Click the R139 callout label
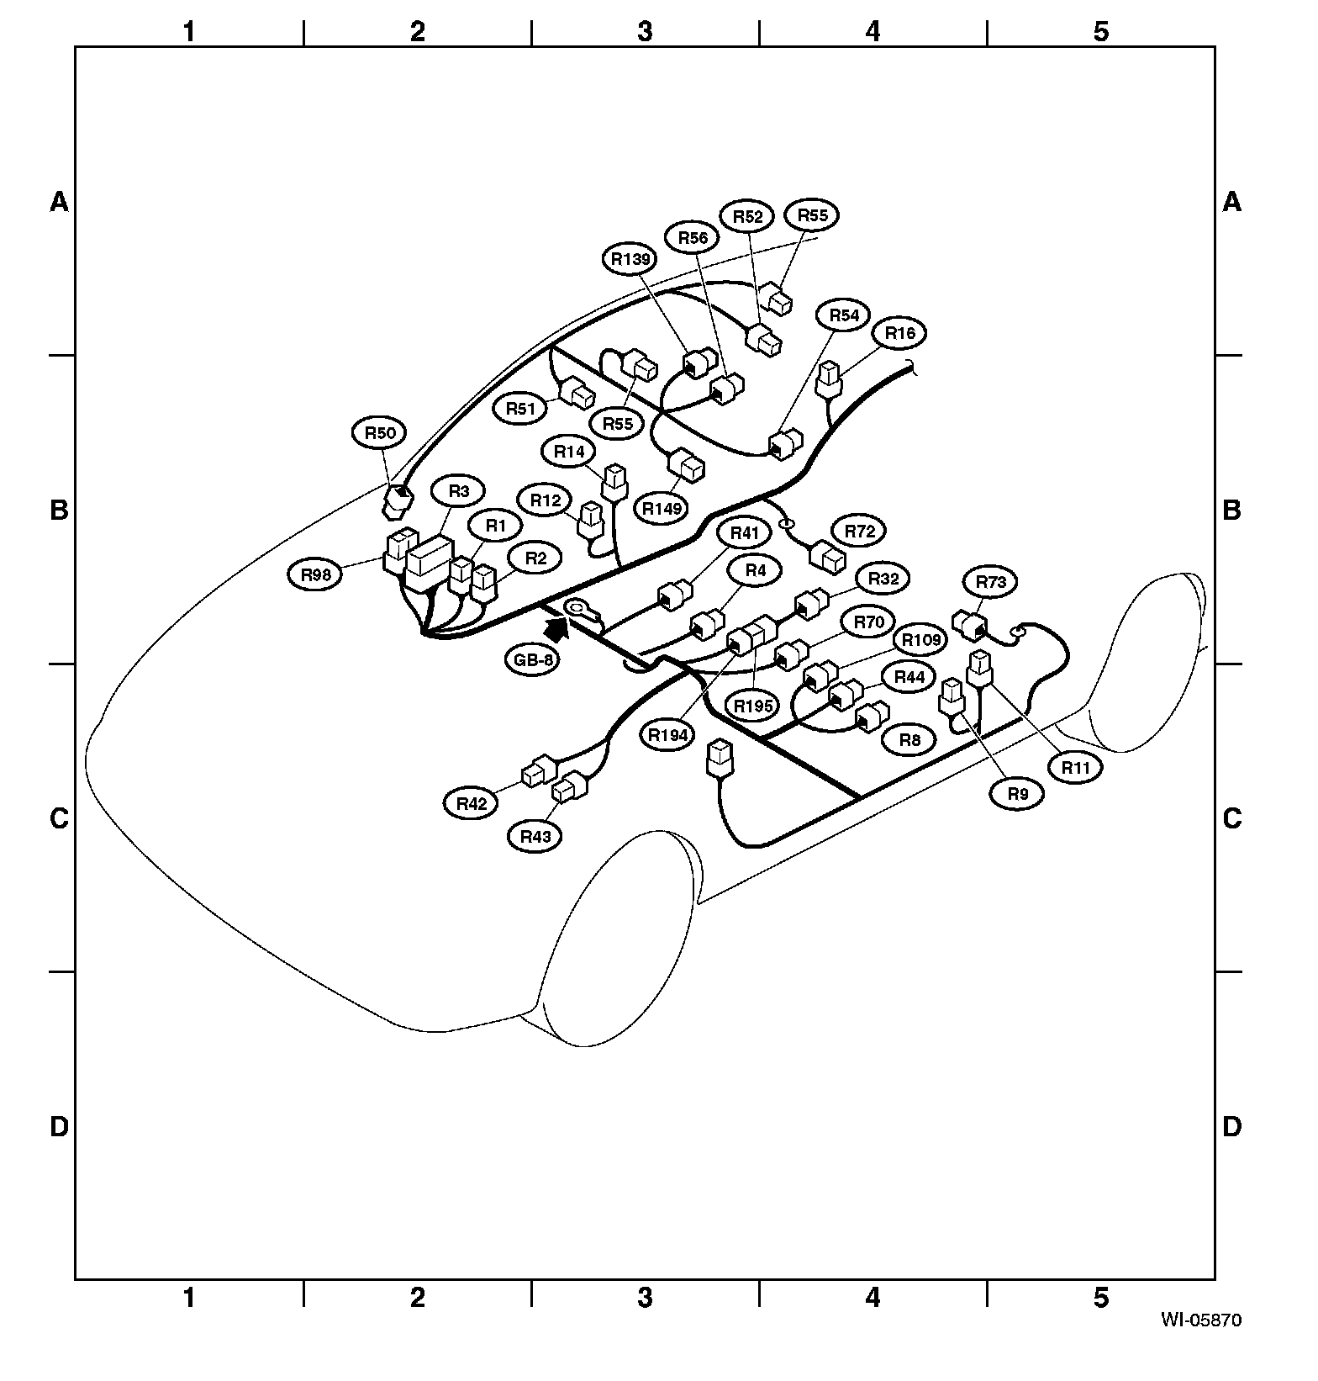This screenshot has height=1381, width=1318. point(631,259)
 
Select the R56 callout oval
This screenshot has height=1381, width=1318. point(693,238)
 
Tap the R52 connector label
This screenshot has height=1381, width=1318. point(747,216)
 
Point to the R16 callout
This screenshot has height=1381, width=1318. point(900,333)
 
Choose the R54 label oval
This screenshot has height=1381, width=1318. point(845,315)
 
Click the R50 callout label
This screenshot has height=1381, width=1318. point(379,433)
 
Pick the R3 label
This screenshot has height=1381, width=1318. point(459,491)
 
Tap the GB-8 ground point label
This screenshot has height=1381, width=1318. point(535,660)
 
